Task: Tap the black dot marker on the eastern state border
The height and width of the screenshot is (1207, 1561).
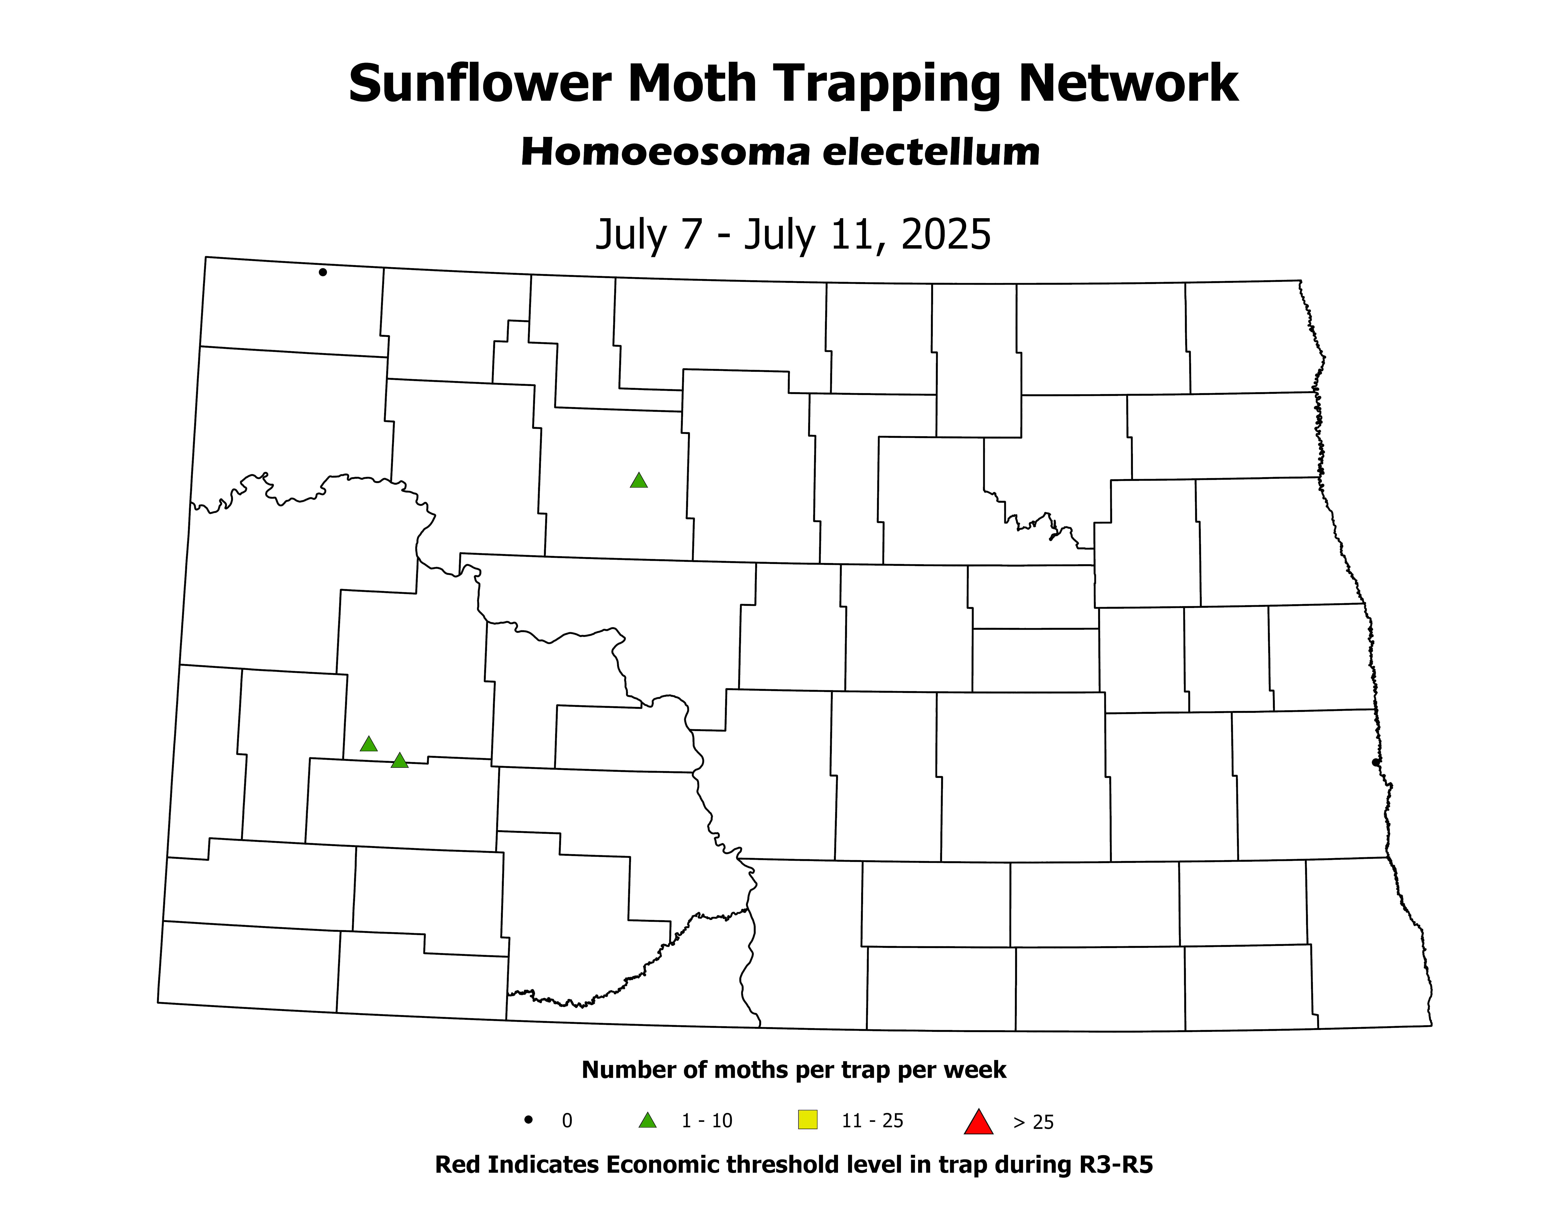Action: coord(1376,762)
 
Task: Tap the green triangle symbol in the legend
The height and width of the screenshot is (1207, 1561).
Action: coord(648,1120)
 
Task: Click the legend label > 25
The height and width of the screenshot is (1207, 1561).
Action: coord(1034,1122)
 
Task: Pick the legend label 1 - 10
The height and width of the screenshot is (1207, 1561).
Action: coord(707,1120)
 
